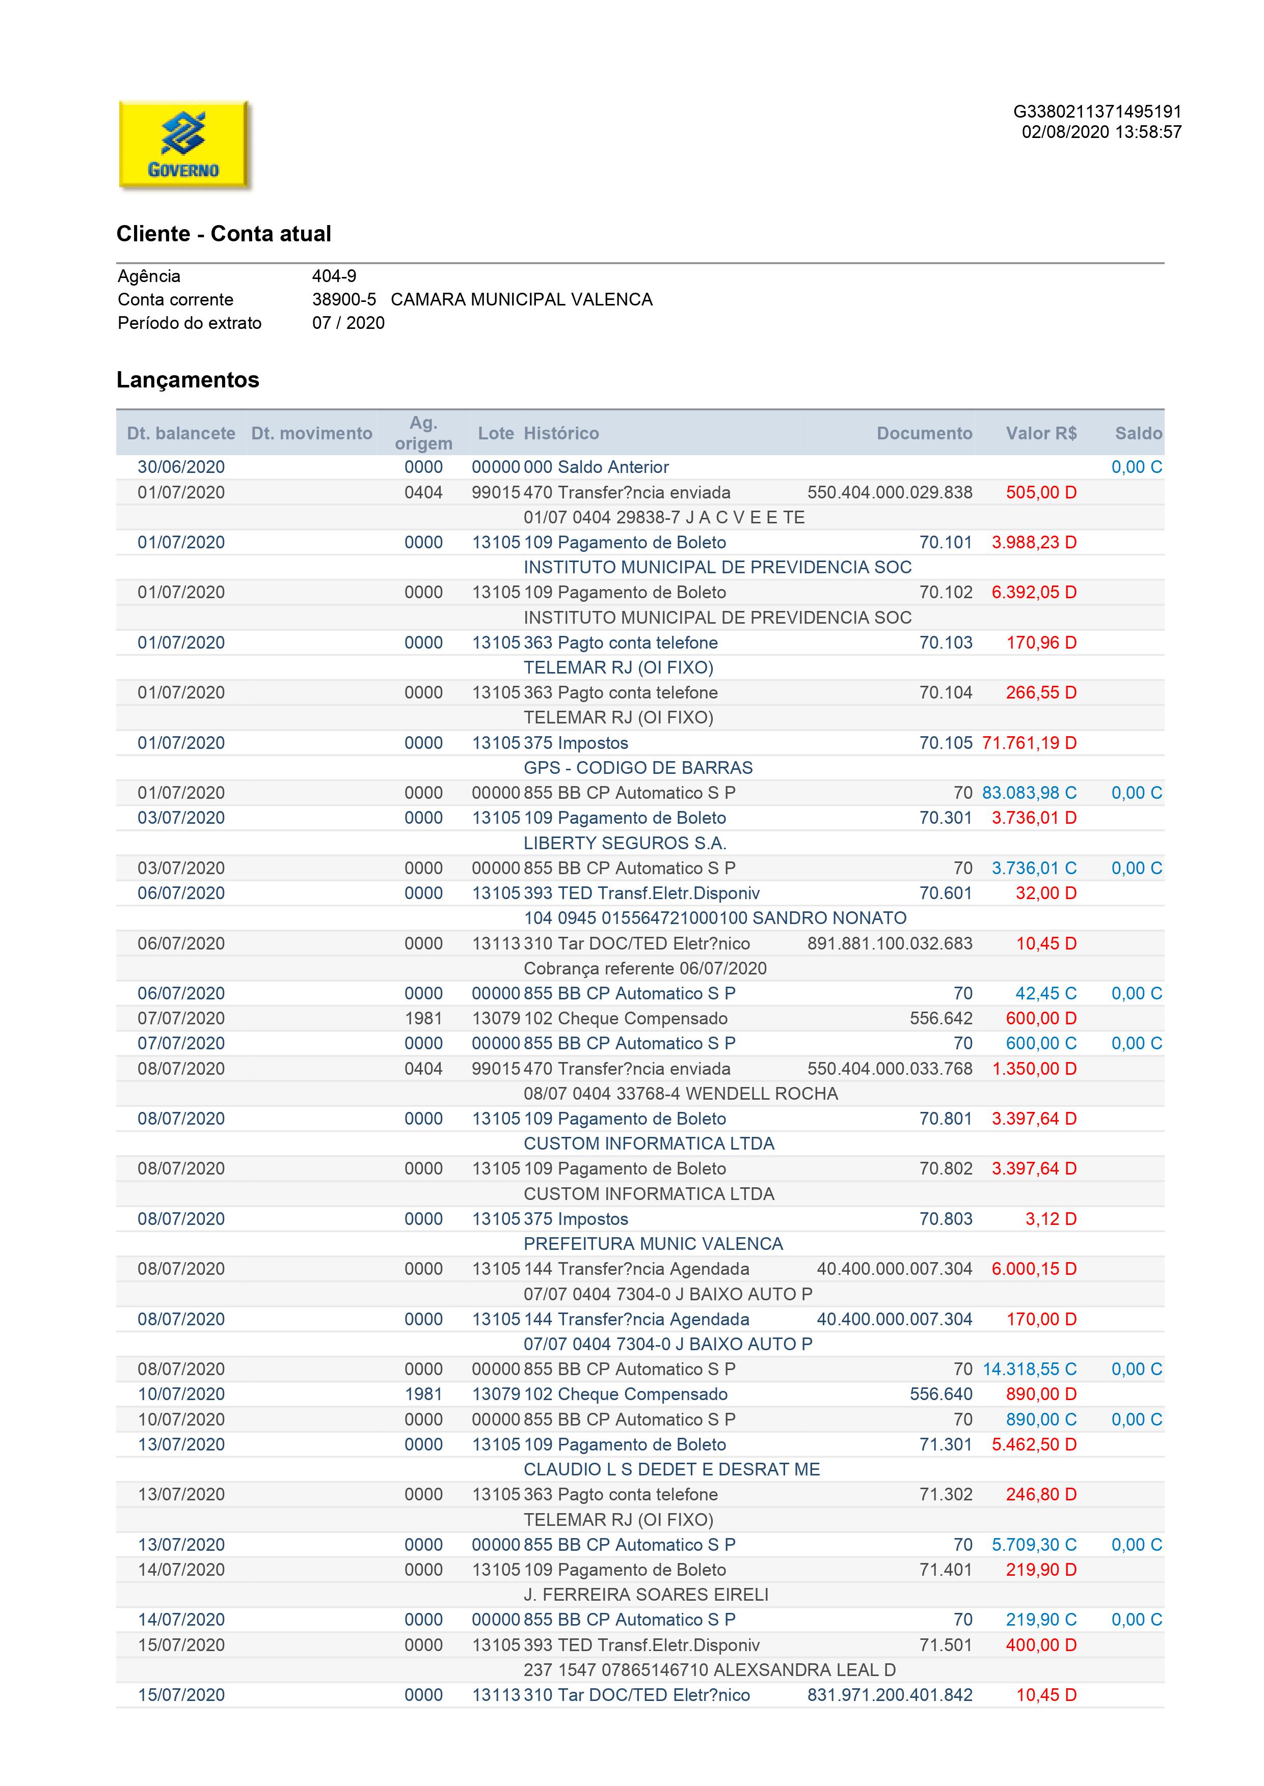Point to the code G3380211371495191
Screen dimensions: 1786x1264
click(x=1097, y=112)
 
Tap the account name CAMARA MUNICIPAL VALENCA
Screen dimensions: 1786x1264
click(x=522, y=299)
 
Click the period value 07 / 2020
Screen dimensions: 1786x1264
click(x=348, y=323)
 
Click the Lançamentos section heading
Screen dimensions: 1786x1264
click(x=187, y=380)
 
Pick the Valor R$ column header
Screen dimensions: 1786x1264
click(x=1041, y=433)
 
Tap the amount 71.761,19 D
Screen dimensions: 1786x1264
click(x=1029, y=743)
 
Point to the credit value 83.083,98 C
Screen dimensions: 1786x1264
click(x=1029, y=793)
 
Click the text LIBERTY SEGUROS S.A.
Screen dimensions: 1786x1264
click(x=624, y=843)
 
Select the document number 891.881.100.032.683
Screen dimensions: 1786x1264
click(x=890, y=943)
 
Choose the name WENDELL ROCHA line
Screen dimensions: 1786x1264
click(x=680, y=1094)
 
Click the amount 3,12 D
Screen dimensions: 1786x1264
click(x=1050, y=1219)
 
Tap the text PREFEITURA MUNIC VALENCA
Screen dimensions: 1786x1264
click(x=653, y=1244)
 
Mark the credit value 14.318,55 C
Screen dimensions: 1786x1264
click(x=1029, y=1369)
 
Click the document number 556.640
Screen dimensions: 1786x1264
click(x=941, y=1394)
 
